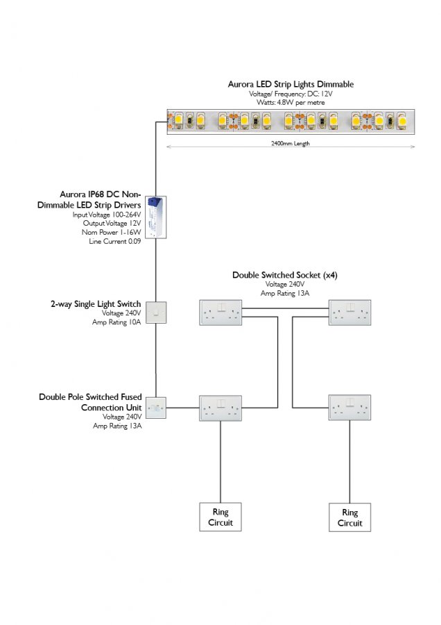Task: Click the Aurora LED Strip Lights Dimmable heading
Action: click(291, 84)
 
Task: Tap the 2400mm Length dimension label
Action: click(291, 144)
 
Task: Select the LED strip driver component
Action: click(155, 216)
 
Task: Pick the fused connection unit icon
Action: click(157, 408)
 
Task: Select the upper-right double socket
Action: click(350, 313)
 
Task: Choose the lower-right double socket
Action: click(350, 408)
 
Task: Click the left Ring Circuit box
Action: click(220, 517)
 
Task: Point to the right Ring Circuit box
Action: click(350, 517)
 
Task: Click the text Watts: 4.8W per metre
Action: click(291, 103)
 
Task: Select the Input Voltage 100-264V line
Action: click(107, 215)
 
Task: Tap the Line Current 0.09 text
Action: click(115, 241)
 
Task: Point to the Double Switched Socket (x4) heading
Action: click(285, 275)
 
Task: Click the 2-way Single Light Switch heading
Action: click(96, 303)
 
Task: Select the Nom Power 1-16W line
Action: click(113, 233)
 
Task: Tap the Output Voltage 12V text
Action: click(111, 224)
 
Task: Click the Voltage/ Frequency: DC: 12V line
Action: click(291, 94)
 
